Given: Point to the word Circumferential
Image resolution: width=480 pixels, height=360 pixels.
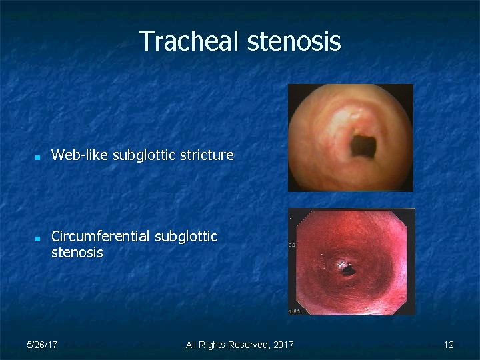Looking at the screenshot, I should (101, 237).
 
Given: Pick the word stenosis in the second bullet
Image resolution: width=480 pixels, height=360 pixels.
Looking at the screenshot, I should (77, 253).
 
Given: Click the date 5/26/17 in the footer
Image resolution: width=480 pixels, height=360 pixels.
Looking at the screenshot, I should (41, 345).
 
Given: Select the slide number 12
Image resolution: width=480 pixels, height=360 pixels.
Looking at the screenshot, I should (449, 345).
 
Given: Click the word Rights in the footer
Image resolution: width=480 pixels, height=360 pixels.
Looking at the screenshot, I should (212, 345).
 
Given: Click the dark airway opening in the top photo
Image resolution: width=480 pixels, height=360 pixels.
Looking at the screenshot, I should (364, 143).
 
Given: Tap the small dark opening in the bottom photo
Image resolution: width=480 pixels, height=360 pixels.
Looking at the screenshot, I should (347, 269).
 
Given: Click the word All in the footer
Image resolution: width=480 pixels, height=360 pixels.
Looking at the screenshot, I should (191, 345).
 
